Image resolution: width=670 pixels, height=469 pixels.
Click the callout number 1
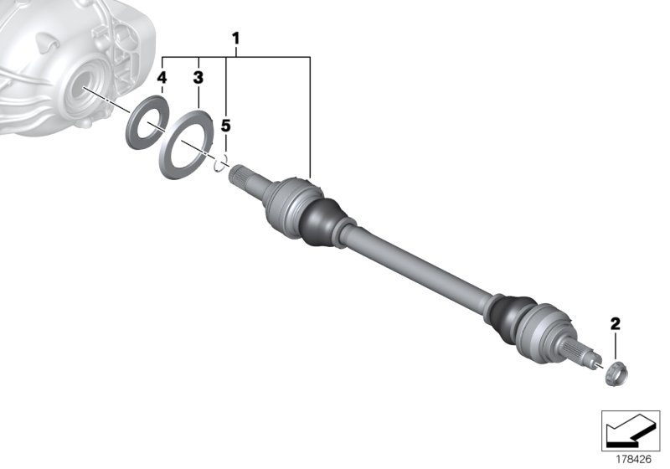[x=236, y=38]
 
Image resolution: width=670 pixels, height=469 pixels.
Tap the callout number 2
[x=616, y=323]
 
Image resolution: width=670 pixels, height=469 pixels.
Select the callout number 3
[x=198, y=78]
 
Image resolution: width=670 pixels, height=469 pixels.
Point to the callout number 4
[x=162, y=78]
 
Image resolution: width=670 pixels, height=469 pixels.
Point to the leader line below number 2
[x=616, y=343]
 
